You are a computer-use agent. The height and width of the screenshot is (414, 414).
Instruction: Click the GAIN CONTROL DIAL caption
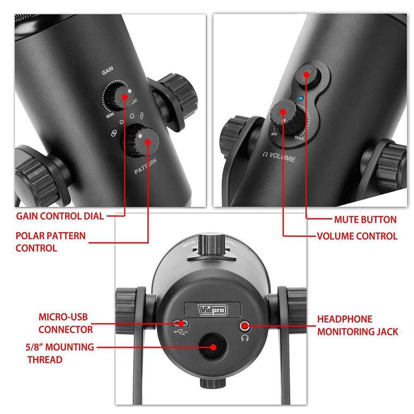[60, 216]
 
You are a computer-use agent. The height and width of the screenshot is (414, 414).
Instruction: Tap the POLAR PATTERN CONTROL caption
[51, 242]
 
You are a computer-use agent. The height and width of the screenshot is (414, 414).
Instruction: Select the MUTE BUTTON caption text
[365, 219]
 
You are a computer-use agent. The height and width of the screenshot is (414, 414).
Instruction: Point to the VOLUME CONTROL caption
[357, 236]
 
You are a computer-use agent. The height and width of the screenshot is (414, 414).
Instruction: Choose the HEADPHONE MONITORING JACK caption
[357, 325]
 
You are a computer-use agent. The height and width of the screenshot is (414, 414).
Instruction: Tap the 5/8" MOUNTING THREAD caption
[60, 353]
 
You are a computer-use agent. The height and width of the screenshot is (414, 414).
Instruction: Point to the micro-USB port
[180, 323]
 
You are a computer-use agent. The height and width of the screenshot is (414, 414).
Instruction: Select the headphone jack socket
[245, 326]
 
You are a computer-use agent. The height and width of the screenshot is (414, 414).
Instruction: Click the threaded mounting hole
[213, 347]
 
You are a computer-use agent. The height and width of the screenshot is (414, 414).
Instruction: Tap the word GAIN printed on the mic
[108, 72]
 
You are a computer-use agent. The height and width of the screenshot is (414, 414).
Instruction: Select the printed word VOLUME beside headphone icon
[283, 158]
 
